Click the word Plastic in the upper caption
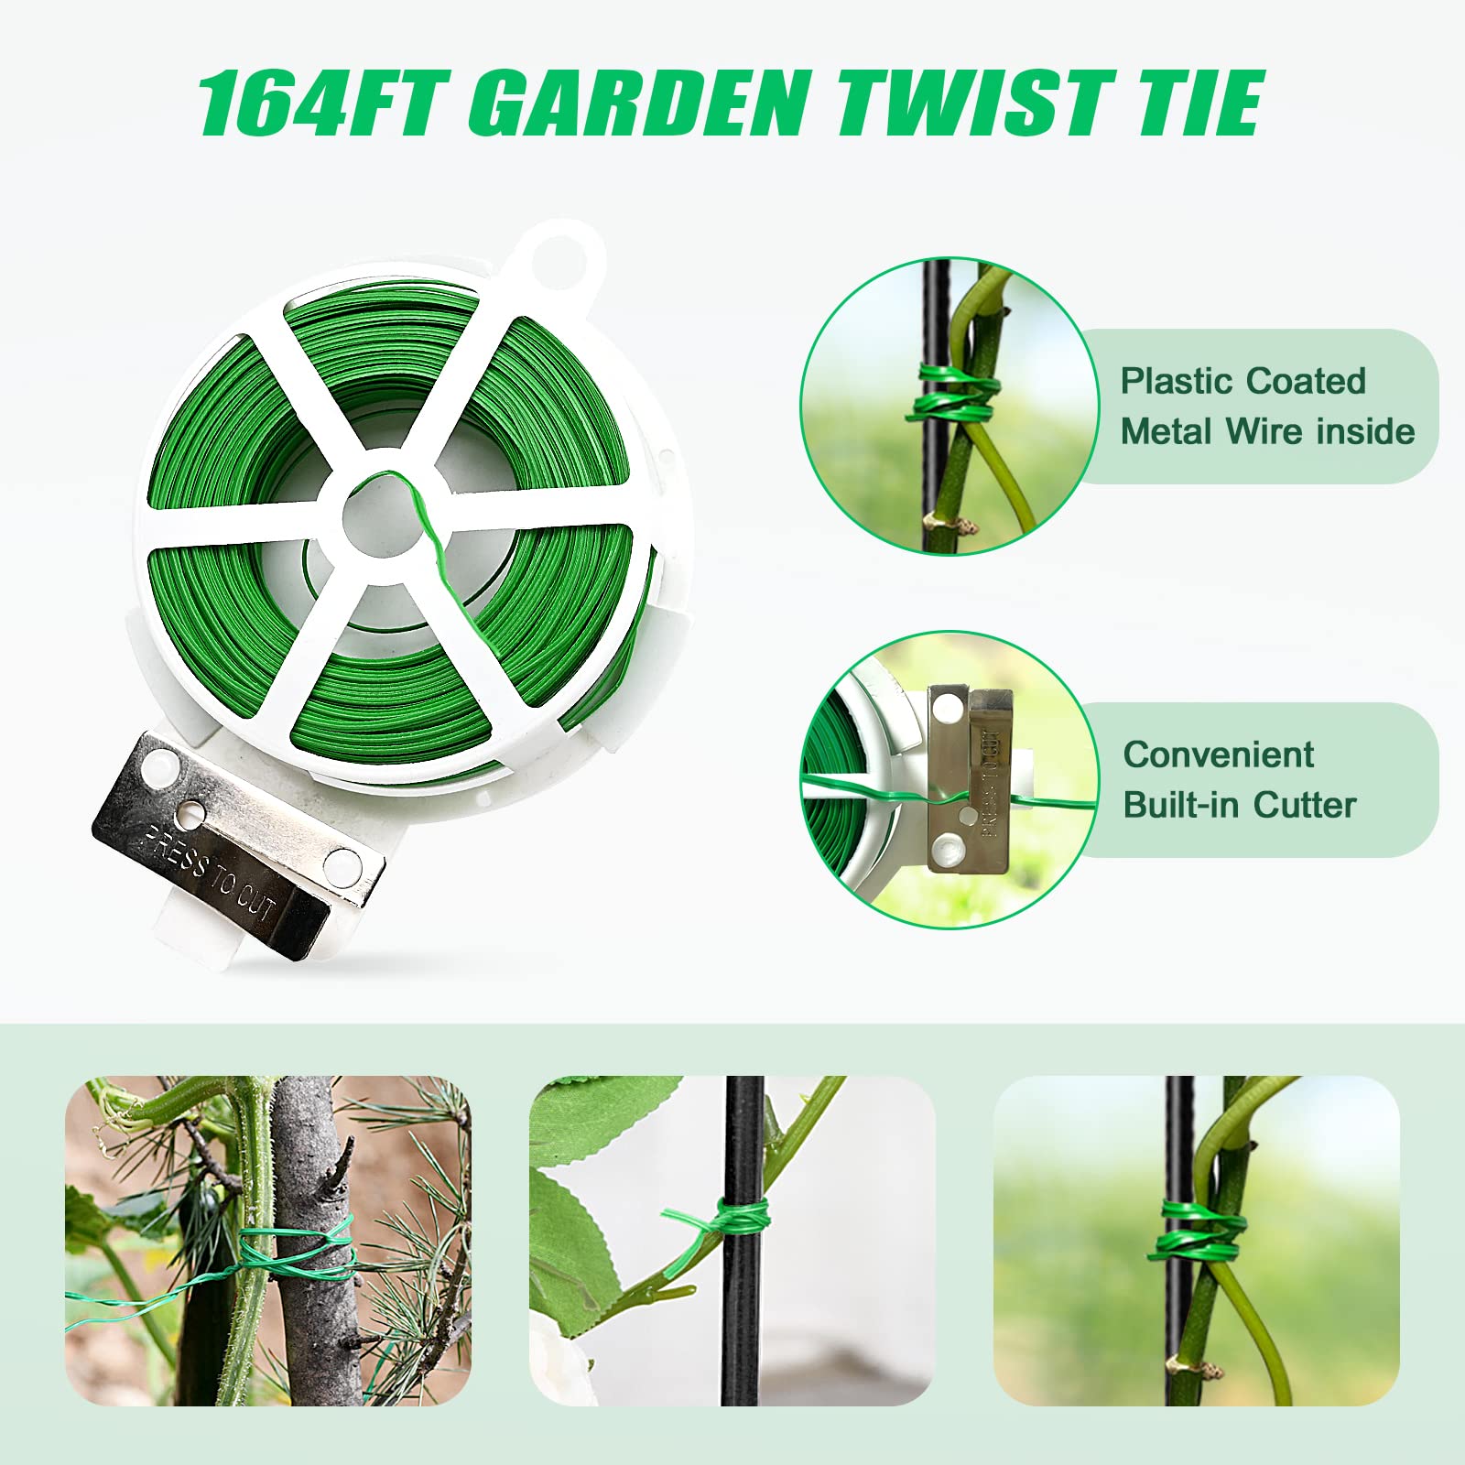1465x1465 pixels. pyautogui.click(x=1177, y=381)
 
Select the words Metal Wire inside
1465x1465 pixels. pyautogui.click(x=1268, y=430)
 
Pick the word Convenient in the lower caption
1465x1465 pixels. pyautogui.click(x=1219, y=754)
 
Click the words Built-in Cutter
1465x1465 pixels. pyautogui.click(x=1240, y=805)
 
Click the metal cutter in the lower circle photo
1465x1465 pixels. pyautogui.click(x=969, y=778)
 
